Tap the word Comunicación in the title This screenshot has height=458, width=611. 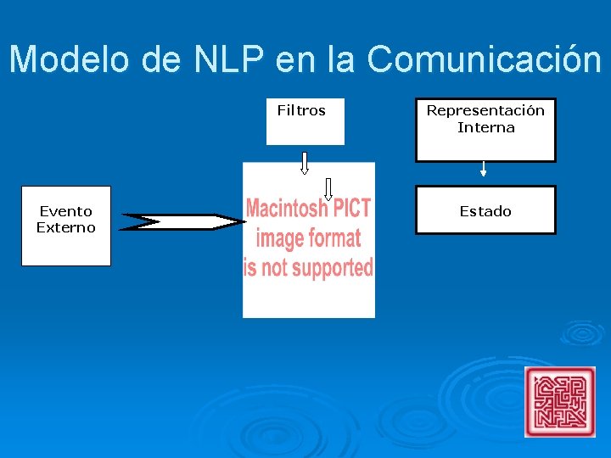(x=485, y=60)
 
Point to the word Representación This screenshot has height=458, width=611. (x=485, y=110)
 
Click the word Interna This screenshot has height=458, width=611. (x=485, y=127)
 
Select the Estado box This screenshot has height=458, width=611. (x=485, y=209)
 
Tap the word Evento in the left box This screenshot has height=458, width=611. (x=66, y=211)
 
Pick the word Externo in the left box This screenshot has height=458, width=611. (x=66, y=227)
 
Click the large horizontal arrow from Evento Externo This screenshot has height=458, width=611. (x=182, y=222)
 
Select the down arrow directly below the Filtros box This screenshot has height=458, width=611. (x=305, y=162)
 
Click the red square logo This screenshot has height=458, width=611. (x=560, y=401)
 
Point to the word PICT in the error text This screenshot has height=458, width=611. (x=351, y=208)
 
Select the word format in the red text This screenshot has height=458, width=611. (x=334, y=238)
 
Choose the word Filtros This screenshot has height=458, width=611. (x=301, y=110)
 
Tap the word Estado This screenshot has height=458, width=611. (x=485, y=211)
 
